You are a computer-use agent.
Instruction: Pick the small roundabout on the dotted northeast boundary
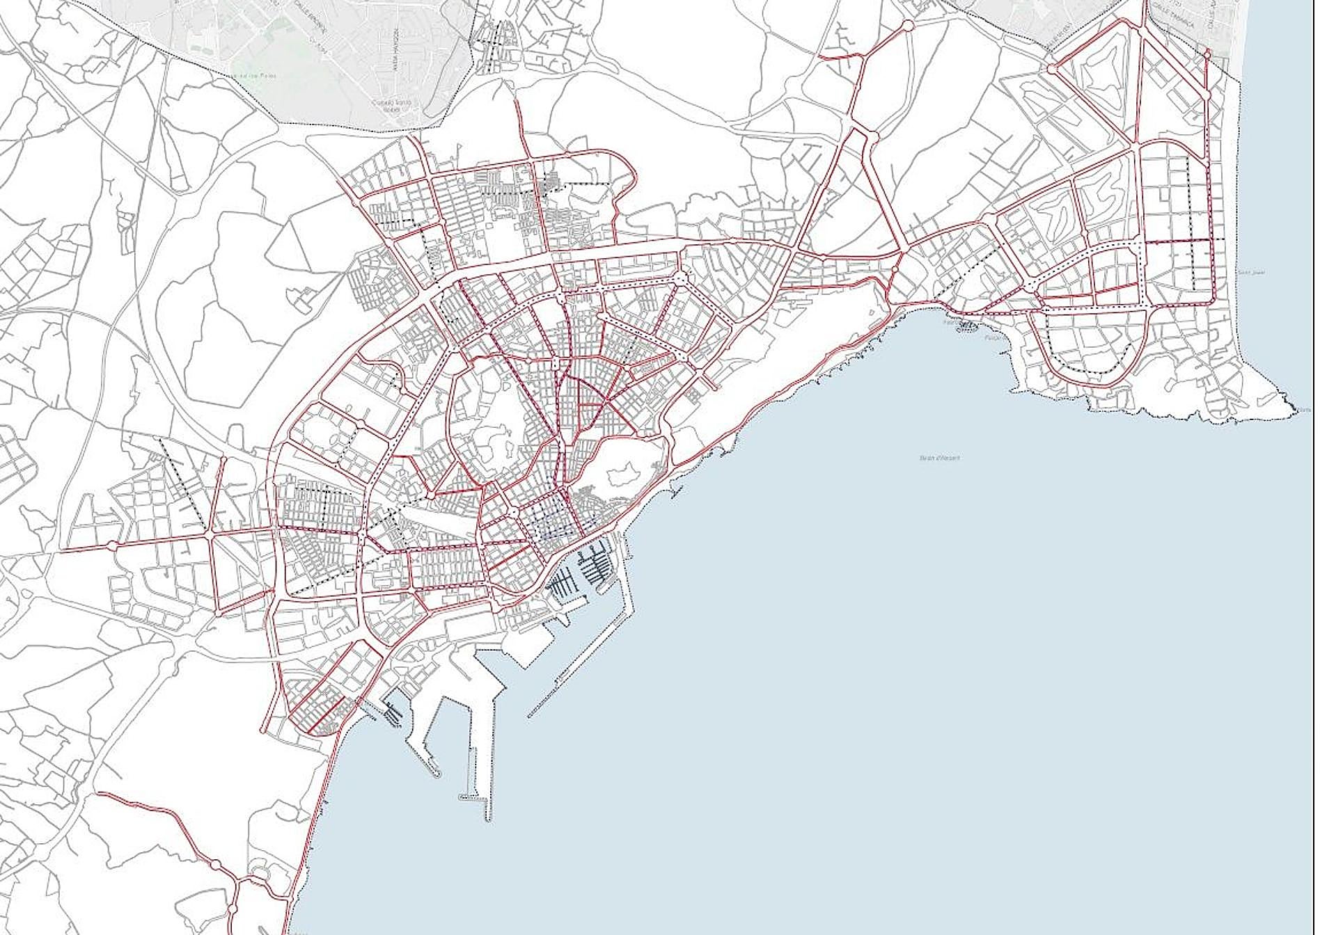point(1207,53)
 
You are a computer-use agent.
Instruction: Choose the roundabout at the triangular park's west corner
point(1052,69)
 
